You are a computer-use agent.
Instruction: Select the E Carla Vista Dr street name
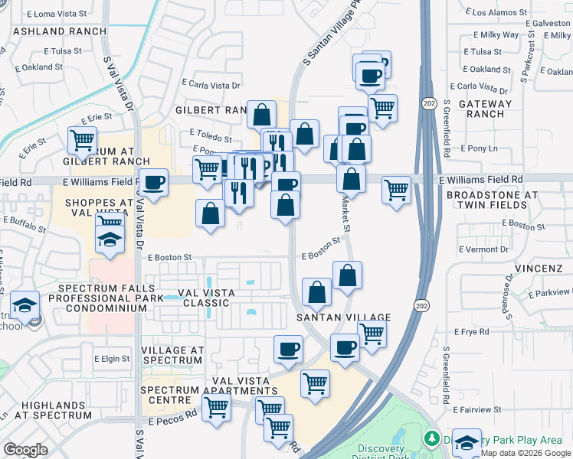coord(212,85)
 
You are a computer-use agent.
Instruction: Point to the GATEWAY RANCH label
coord(485,109)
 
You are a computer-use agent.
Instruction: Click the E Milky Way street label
coord(496,35)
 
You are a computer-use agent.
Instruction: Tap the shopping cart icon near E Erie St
coord(82,140)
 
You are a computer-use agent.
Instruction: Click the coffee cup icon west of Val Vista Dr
coord(155,182)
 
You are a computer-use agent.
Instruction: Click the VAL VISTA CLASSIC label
coord(203,298)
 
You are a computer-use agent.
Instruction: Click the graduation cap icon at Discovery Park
coord(467,442)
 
